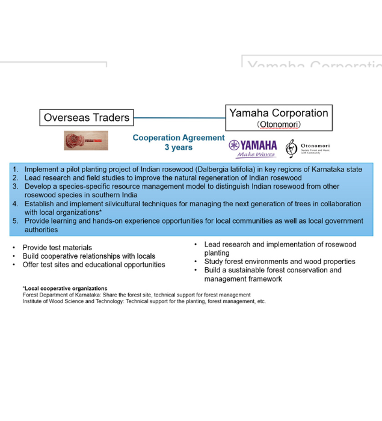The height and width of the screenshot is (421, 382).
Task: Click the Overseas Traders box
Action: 87,117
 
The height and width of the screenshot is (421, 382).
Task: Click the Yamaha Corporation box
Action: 279,117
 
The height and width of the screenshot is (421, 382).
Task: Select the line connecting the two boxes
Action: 179,117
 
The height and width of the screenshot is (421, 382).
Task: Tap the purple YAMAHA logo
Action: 253,146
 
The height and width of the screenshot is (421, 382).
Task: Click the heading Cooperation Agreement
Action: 179,138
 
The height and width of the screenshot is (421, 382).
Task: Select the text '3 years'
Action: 179,147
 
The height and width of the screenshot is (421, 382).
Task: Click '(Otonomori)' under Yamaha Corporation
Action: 279,124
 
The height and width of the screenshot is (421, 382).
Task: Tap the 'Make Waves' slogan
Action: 256,155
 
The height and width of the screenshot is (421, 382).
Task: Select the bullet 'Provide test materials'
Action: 57,248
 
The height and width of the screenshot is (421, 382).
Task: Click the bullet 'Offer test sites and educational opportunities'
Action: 94,265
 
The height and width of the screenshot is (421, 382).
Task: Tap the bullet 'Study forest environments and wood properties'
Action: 280,262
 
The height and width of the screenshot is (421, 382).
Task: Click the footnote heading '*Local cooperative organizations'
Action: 65,289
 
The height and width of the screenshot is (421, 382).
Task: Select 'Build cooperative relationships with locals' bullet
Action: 88,256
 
